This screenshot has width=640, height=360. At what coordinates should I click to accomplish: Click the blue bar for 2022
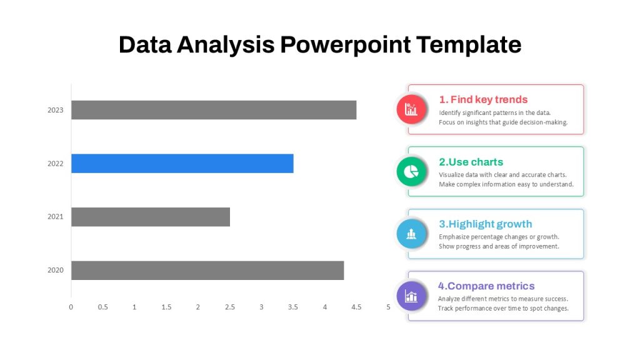[x=182, y=163]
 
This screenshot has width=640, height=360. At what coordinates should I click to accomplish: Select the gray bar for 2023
[x=214, y=110]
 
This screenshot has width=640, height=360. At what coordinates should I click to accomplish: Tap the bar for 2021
[x=151, y=217]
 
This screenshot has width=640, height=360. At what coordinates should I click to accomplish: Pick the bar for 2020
[x=207, y=270]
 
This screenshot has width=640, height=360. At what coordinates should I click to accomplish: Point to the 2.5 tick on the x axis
[x=230, y=307]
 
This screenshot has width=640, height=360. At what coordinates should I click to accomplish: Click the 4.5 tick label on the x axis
[x=356, y=307]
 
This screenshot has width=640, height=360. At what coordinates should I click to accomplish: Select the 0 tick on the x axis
[x=71, y=307]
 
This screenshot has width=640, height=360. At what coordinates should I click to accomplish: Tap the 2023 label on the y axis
[x=56, y=110]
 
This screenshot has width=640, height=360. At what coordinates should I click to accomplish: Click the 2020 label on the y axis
[x=56, y=270]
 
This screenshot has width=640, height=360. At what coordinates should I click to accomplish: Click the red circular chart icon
[x=411, y=109]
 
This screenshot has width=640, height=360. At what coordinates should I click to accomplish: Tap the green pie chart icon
[x=411, y=171]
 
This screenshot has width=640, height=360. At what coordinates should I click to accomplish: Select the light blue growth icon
[x=411, y=234]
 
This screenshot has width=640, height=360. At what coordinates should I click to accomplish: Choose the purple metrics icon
[x=411, y=296]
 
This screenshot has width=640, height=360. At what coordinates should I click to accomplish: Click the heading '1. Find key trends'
[x=483, y=99]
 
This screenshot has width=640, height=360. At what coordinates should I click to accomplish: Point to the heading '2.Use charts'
[x=471, y=162]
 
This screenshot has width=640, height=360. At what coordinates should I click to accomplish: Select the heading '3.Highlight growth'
[x=485, y=224]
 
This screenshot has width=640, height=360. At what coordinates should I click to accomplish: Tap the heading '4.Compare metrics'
[x=486, y=286]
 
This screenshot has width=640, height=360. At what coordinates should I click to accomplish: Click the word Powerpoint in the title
[x=345, y=45]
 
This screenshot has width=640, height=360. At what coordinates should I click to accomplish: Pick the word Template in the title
[x=469, y=45]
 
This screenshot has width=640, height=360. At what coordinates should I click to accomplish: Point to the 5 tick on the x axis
[x=388, y=307]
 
